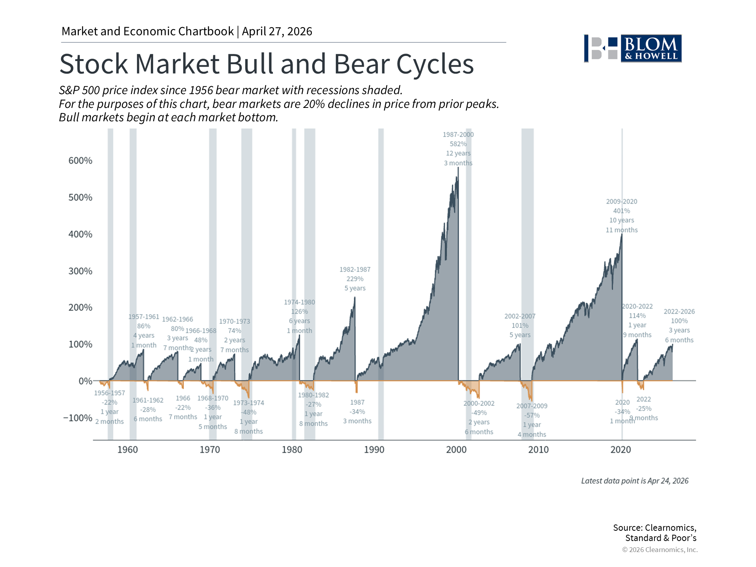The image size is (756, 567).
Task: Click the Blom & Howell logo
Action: point(633,48)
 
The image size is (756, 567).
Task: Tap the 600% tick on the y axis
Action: point(80,161)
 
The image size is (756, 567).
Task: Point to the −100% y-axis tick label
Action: point(78,418)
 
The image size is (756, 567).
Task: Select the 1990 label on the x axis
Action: point(374,450)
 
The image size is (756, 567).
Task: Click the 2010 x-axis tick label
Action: point(538,450)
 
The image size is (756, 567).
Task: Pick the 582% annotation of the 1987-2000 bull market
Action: point(458,144)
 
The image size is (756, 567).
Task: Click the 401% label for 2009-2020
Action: point(621,211)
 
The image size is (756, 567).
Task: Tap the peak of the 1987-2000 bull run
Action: point(458,168)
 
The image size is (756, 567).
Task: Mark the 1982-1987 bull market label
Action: point(355,269)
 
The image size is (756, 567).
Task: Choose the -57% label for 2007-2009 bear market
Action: point(532,415)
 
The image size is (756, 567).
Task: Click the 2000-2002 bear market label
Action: point(479,403)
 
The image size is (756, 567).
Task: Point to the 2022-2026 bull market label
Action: point(679,311)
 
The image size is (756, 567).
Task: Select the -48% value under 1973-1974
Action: point(248,412)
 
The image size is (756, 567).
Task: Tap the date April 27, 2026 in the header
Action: point(277,31)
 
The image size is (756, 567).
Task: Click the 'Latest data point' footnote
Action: point(635,481)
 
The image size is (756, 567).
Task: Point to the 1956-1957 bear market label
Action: point(109,393)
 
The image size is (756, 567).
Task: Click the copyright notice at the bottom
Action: point(660,550)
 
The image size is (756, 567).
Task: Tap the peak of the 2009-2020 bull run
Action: point(622,235)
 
